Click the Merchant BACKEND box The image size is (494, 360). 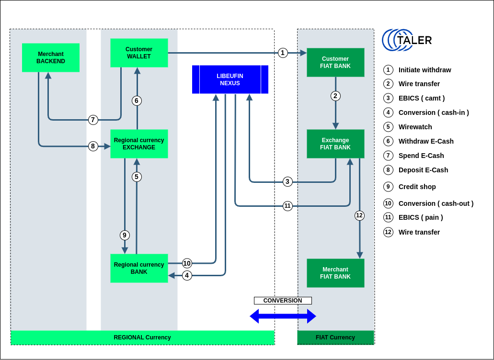point(51,58)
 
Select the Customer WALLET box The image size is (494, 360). point(139,53)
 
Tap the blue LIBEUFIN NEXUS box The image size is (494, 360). point(230,79)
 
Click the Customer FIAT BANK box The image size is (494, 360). point(335,62)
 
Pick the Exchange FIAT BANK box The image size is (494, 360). point(335,144)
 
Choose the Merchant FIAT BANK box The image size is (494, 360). point(335,273)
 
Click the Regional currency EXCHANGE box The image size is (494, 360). point(139,144)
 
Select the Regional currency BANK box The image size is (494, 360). point(139,268)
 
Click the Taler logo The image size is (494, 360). point(407,40)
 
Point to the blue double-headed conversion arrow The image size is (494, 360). point(283,316)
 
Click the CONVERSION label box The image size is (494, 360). point(283,301)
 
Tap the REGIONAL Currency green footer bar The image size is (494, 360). point(142,337)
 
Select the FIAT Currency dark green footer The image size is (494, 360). point(335,337)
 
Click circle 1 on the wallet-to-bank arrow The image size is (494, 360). point(283,53)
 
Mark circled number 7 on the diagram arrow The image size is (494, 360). point(93,120)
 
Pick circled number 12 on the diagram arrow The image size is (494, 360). point(359,215)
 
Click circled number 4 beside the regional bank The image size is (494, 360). point(187,275)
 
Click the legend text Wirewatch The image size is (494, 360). point(415,127)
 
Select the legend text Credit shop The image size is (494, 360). point(417,187)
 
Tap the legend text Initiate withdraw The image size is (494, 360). point(425,70)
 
